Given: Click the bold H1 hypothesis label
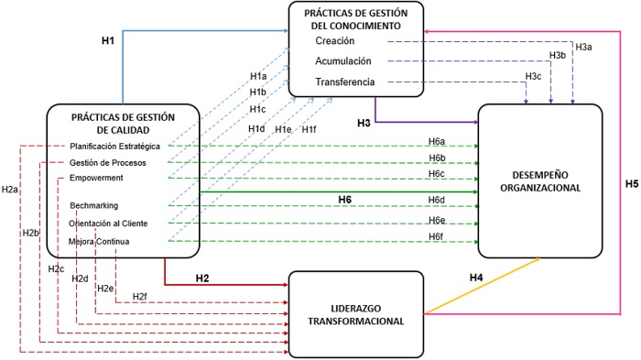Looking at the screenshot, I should tap(106, 41).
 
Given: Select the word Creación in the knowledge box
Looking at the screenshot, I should tap(336, 42).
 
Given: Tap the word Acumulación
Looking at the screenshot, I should tap(343, 62).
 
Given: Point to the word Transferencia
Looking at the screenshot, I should tap(345, 82).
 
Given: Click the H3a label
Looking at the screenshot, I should tap(583, 46).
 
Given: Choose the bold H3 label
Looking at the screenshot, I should tap(364, 122).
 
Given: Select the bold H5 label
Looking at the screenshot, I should tap(631, 183).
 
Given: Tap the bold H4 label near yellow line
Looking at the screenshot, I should tap(476, 277).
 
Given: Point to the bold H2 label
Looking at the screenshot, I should tap(202, 277).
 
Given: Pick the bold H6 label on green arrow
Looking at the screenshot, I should tap(345, 200).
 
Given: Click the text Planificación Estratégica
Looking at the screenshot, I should tap(114, 147).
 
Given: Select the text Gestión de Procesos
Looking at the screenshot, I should tap(107, 163).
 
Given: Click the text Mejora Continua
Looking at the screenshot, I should tap(99, 242).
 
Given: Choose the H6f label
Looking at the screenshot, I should tap(437, 237).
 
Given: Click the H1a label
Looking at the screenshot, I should tap(258, 76).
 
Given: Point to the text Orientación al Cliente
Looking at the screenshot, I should tap(107, 224).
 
